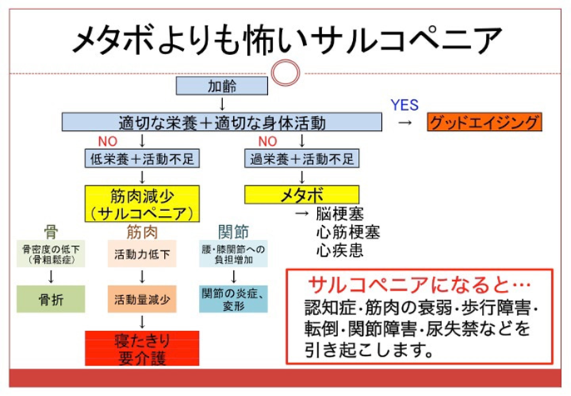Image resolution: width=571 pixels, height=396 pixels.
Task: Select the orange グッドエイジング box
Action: pyautogui.click(x=484, y=123)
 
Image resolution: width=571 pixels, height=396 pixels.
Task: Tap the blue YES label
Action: pyautogui.click(x=405, y=105)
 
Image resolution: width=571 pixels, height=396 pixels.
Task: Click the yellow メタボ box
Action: pyautogui.click(x=301, y=194)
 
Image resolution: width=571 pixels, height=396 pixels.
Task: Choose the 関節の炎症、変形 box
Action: pyautogui.click(x=234, y=298)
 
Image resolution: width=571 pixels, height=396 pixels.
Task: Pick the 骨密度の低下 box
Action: pyautogui.click(x=49, y=253)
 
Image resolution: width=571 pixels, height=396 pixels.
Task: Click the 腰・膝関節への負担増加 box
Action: pyautogui.click(x=234, y=253)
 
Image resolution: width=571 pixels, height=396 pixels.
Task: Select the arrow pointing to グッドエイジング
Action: pyautogui.click(x=405, y=123)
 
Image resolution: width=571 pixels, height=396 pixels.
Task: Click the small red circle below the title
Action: pyautogui.click(x=285, y=68)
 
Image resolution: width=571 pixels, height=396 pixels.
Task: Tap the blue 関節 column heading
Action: pyautogui.click(x=232, y=231)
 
